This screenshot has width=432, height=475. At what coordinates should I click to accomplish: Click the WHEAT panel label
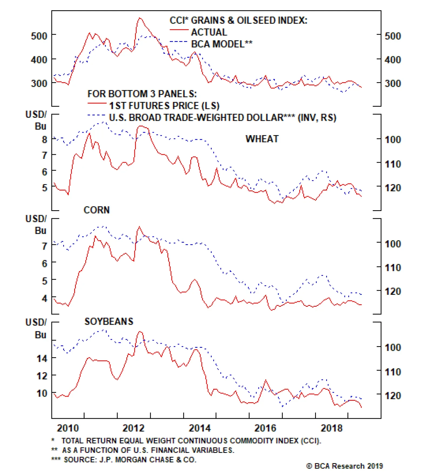pyautogui.click(x=262, y=139)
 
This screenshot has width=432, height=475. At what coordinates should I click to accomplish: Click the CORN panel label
pyautogui.click(x=96, y=210)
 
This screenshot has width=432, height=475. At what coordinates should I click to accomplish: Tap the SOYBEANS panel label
pyautogui.click(x=109, y=321)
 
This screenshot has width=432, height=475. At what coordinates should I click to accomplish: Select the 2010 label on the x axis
pyautogui.click(x=68, y=428)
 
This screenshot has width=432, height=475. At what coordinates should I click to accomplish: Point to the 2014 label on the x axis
pyautogui.click(x=200, y=428)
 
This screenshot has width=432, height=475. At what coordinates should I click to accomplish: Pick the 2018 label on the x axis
pyautogui.click(x=331, y=428)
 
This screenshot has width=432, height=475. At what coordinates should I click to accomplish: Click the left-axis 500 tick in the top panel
pyautogui.click(x=39, y=36)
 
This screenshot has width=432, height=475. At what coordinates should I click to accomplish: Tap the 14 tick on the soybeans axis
pyautogui.click(x=42, y=359)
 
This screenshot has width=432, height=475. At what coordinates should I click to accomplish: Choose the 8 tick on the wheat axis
pyautogui.click(x=45, y=140)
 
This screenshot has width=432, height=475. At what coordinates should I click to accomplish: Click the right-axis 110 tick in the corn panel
pyautogui.click(x=393, y=268)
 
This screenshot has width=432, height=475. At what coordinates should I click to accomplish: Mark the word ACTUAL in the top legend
pyautogui.click(x=209, y=32)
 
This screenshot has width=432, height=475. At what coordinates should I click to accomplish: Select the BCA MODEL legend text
pyautogui.click(x=222, y=44)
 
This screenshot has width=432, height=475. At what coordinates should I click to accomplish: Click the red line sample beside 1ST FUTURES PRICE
pyautogui.click(x=97, y=103)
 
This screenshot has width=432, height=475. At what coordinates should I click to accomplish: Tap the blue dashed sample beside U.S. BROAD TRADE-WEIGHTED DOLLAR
pyautogui.click(x=96, y=115)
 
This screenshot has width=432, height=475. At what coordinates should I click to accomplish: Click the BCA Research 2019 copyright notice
pyautogui.click(x=345, y=466)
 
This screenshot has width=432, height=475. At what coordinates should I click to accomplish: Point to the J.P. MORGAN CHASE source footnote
pyautogui.click(x=130, y=459)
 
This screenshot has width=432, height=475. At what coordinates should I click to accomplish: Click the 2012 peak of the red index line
pyautogui.click(x=140, y=18)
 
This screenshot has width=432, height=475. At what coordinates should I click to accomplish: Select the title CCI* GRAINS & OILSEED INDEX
pyautogui.click(x=238, y=20)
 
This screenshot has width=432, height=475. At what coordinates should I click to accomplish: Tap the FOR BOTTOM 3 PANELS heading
pyautogui.click(x=142, y=94)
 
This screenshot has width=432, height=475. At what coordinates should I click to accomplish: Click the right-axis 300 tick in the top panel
pyautogui.click(x=393, y=83)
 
